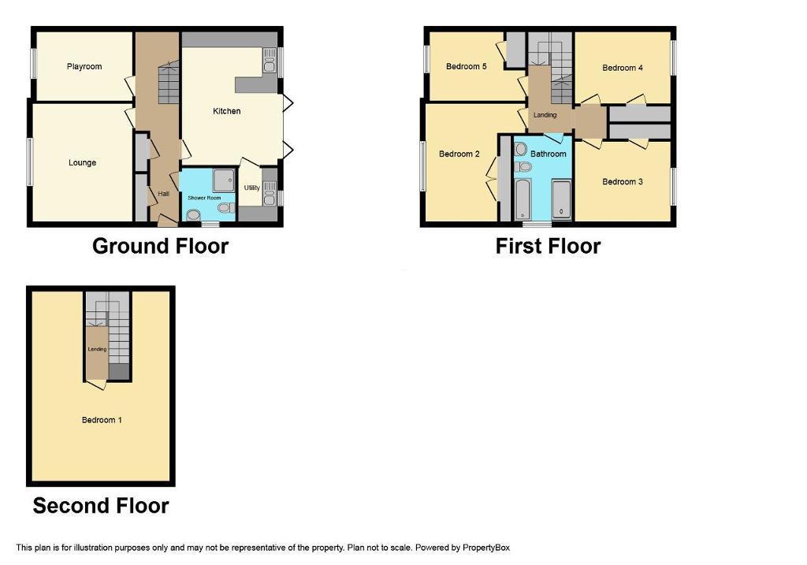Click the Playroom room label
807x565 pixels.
84,66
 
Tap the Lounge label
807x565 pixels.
82,162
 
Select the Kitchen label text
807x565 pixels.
226,110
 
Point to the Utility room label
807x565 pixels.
252,188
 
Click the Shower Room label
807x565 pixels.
204,198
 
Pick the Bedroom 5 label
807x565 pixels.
467,66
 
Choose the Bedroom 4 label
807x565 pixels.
623,68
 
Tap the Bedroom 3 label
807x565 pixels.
623,182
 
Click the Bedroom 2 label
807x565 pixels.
459,154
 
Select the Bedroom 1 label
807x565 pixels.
102,420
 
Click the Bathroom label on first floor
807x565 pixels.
549,154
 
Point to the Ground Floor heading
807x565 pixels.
160,246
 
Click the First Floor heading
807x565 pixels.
548,246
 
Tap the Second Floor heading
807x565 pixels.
101,506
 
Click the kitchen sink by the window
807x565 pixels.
270,61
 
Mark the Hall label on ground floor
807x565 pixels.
164,194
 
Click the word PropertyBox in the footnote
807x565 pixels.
485,548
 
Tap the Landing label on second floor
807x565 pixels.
97,349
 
